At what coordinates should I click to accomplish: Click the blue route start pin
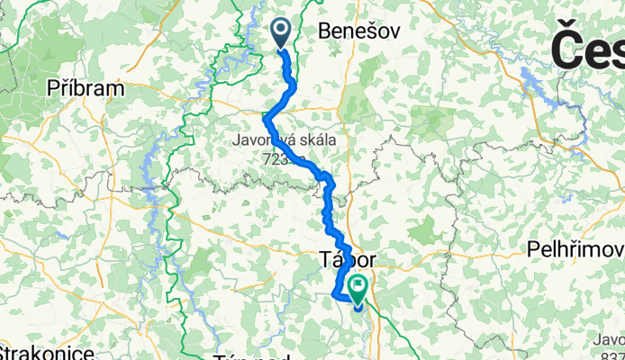click(x=280, y=34)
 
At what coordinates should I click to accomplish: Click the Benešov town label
click(x=359, y=32)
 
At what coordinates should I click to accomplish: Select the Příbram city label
click(x=86, y=89)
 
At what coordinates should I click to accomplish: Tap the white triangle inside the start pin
click(x=280, y=32)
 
